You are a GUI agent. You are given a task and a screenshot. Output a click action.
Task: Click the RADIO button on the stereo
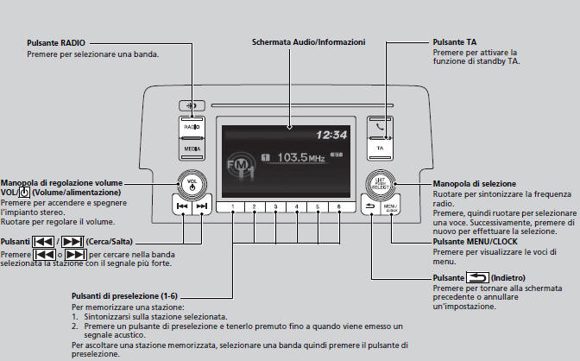pyautogui.click(x=192, y=127)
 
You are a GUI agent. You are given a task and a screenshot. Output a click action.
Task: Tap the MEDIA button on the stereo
pyautogui.click(x=192, y=149)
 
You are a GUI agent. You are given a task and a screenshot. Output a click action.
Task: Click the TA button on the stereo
pyautogui.click(x=380, y=149)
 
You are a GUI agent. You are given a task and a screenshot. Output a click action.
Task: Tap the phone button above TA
pyautogui.click(x=380, y=127)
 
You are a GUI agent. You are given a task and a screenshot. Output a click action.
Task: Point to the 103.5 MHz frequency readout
pyautogui.click(x=305, y=158)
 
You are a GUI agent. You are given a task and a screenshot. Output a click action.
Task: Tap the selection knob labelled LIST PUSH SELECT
pyautogui.click(x=381, y=182)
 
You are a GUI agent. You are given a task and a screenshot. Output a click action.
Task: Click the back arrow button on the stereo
pyautogui.click(x=370, y=208)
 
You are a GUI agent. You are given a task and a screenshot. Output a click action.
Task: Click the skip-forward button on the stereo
pyautogui.click(x=201, y=207)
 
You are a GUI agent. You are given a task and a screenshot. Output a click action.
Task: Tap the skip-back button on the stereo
pyautogui.click(x=181, y=207)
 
